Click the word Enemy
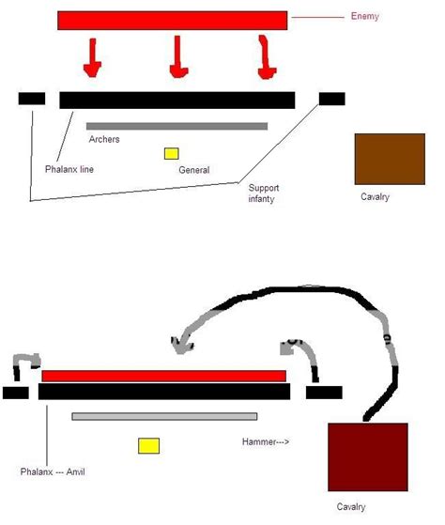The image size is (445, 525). point(364,16)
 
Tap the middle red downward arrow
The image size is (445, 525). point(178,57)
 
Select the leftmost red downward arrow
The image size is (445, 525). point(92,57)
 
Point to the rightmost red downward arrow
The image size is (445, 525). point(267,57)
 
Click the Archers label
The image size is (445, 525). point(104,139)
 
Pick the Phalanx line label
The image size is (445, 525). point(69,169)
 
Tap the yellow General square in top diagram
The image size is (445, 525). point(171,153)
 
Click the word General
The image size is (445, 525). point(194,170)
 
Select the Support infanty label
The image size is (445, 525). point(263,193)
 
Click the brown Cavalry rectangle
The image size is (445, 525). point(390,159)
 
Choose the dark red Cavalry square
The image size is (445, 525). point(368,457)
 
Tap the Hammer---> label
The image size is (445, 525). point(266,441)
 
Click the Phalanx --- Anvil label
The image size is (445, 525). point(53,471)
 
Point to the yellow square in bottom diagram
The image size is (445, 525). point(149,446)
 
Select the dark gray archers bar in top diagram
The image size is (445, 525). point(177,126)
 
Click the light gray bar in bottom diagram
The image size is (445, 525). point(164,416)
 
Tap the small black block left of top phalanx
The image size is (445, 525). point(32,99)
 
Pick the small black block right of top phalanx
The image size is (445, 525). point(332,99)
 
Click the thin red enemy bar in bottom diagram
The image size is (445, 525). point(164,376)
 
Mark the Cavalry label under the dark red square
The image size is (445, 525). point(351,506)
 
